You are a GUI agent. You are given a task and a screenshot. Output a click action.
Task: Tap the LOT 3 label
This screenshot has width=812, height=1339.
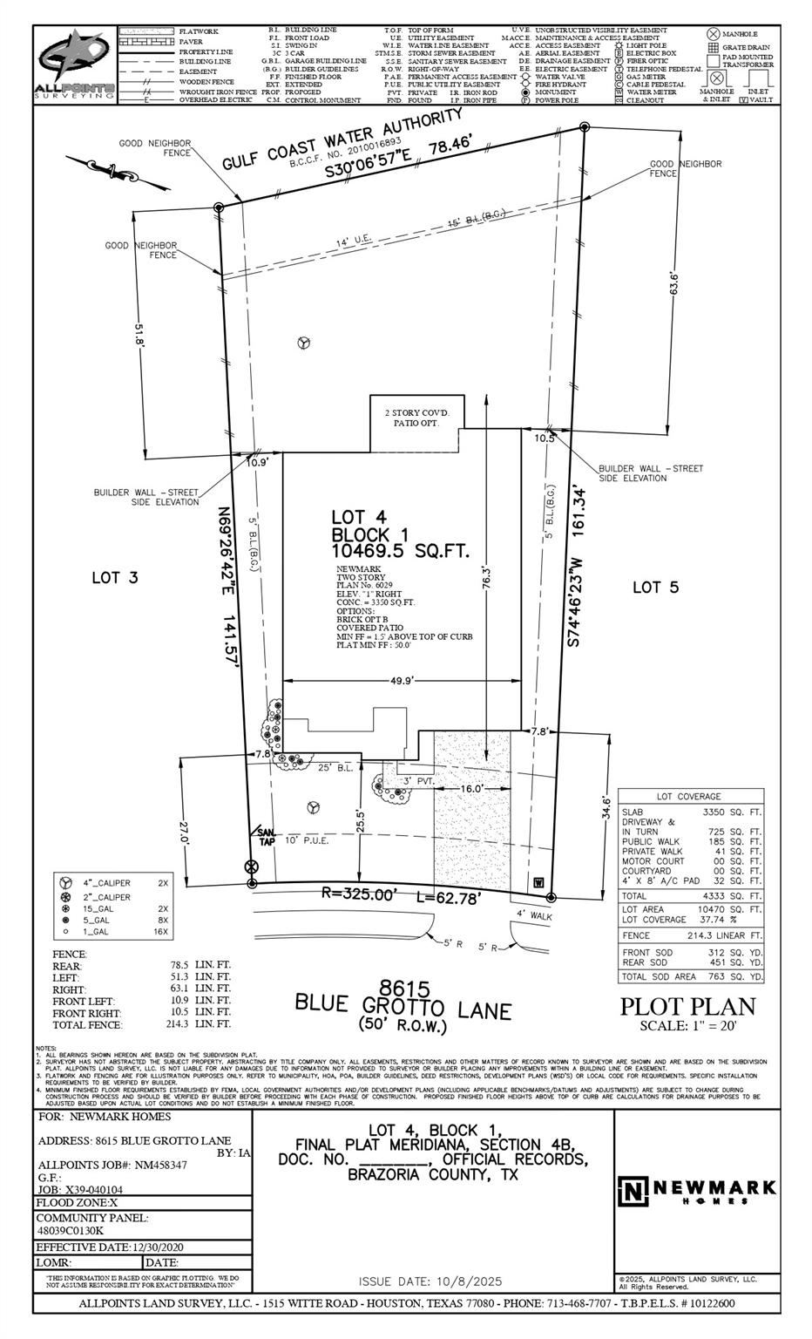click(x=116, y=577)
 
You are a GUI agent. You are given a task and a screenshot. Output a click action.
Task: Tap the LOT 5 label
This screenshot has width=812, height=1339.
click(x=654, y=588)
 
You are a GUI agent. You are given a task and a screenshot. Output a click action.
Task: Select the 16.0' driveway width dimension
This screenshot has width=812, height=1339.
click(x=471, y=788)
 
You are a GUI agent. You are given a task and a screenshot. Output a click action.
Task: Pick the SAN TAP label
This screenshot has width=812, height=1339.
click(x=265, y=835)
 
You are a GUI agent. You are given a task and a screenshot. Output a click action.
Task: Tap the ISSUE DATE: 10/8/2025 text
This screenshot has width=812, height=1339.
click(x=430, y=1281)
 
